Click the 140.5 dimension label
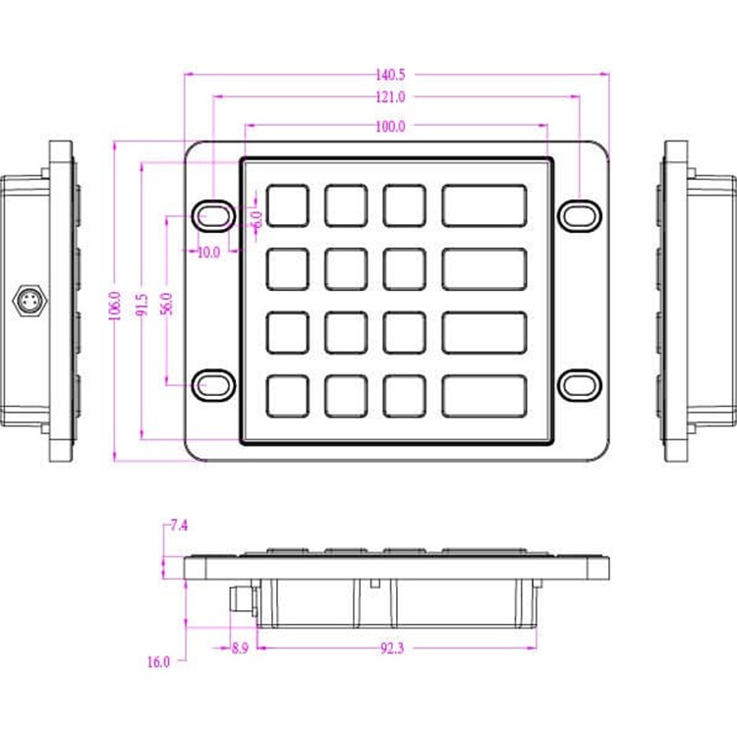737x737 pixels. coord(390,74)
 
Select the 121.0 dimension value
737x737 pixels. coord(390,96)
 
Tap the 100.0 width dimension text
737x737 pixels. coord(390,126)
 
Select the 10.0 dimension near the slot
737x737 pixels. coord(208,253)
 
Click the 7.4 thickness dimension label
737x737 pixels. coord(178,526)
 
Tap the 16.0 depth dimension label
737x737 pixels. coord(158,662)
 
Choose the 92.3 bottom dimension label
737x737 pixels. coord(390,648)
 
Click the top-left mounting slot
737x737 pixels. coord(212,213)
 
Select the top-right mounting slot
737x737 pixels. coord(580,213)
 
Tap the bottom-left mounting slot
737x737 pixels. coord(212,384)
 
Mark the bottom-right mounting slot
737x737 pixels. coord(580,384)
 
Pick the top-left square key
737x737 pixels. coord(287,205)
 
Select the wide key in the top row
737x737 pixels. coord(483,205)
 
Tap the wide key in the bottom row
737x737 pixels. coord(483,395)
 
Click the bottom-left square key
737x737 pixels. coord(287,395)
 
